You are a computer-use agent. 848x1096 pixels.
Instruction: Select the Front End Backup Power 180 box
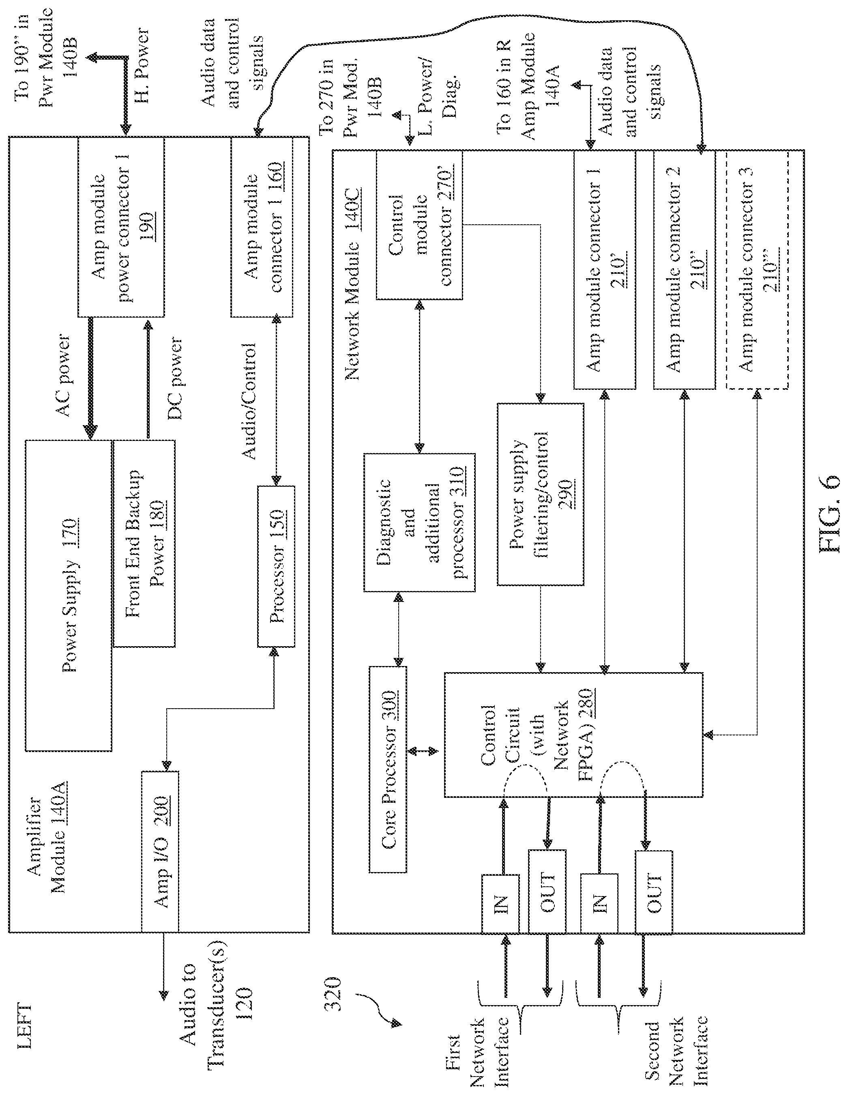(x=144, y=543)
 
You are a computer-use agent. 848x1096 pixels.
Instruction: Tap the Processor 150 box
(x=276, y=566)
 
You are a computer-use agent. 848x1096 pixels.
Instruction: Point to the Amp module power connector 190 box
(x=121, y=227)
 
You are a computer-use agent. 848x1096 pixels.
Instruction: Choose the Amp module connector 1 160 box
(x=262, y=227)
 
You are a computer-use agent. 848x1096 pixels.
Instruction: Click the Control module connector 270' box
(x=419, y=225)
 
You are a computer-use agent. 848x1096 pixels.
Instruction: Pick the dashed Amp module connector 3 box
(x=758, y=269)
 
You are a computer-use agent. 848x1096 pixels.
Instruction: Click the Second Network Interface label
(x=675, y=1051)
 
